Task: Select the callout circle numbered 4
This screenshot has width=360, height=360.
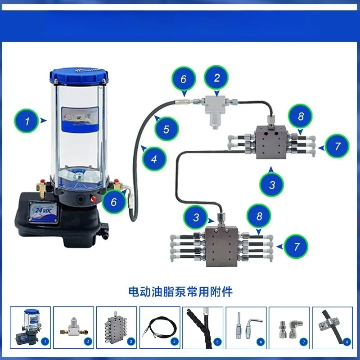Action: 154,158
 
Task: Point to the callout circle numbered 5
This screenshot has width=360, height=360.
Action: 166,129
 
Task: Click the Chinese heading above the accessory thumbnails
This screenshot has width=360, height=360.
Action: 180,292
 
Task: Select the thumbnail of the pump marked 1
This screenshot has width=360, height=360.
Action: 31,328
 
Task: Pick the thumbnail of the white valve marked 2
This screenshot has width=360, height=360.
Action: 74,328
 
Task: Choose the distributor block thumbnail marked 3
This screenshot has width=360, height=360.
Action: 117,328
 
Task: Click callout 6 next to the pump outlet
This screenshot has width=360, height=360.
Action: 114,202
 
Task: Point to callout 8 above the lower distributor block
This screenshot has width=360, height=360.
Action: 259,216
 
